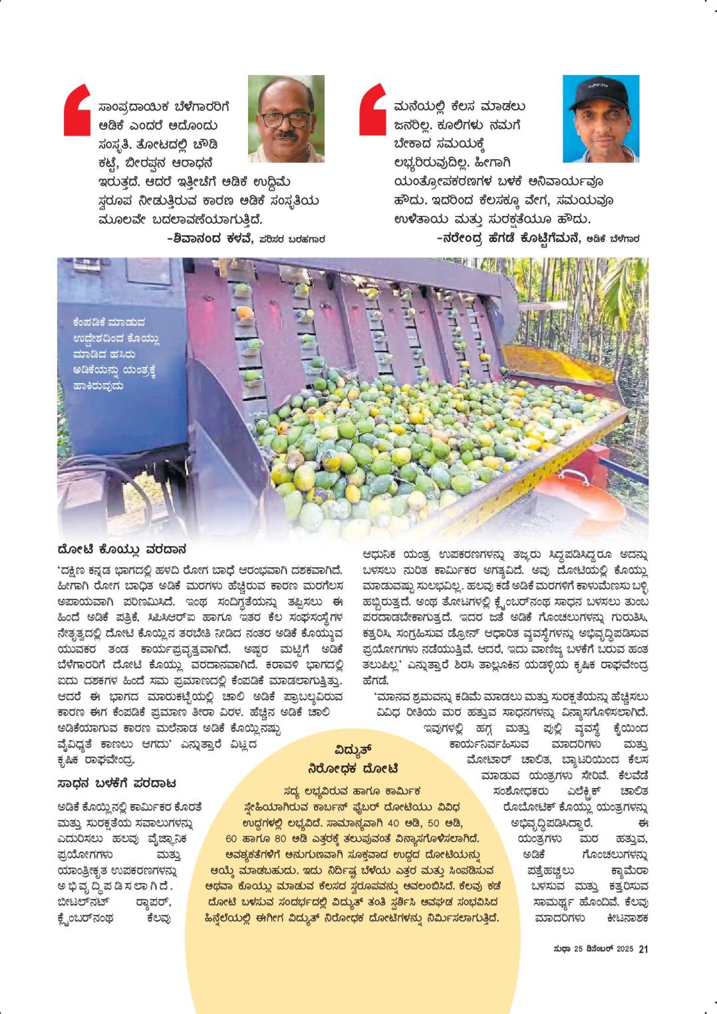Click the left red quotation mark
point(76,109)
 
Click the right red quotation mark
point(372,109)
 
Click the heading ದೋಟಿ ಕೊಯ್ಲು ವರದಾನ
point(121,550)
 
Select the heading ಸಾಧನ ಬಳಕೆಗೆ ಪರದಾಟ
point(116,783)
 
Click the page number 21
point(643,949)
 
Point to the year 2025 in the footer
point(623,950)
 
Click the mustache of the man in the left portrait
point(286,135)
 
